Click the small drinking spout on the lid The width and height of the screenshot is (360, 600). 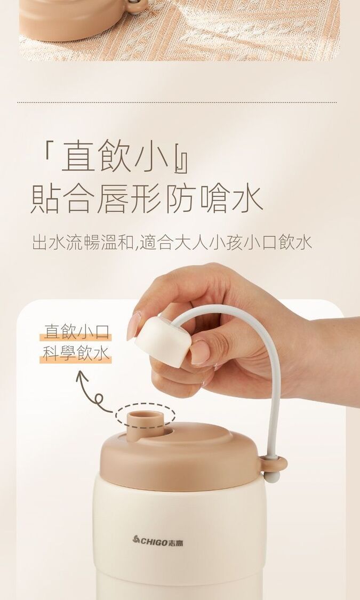(x=145, y=424)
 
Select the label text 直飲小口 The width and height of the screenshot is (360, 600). (x=76, y=331)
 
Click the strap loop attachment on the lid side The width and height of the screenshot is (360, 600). (x=273, y=465)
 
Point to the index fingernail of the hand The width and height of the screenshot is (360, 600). (x=134, y=326)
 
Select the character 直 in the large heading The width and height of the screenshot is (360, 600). (x=78, y=156)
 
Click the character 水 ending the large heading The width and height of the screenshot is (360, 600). (x=247, y=198)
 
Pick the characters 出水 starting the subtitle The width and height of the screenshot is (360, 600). (x=49, y=243)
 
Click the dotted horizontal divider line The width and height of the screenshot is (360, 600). (x=177, y=102)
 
